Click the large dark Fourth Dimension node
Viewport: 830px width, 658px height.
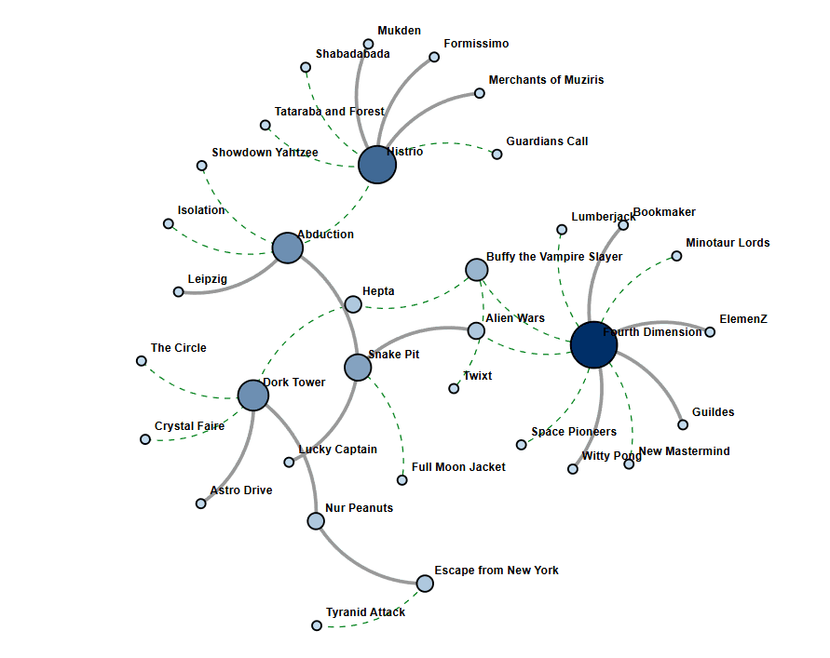tap(593, 344)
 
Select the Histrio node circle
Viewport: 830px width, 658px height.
tap(377, 165)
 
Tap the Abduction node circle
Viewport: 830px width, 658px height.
tap(288, 248)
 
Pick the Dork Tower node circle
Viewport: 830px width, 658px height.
tap(253, 395)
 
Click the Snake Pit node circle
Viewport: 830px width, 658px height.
tap(358, 367)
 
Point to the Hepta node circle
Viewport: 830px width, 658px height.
tap(353, 303)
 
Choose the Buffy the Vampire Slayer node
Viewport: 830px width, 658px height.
tap(476, 270)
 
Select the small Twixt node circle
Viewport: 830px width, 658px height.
tap(454, 388)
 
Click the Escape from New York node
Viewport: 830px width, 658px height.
tap(425, 584)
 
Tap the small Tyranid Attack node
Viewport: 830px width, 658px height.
tap(317, 625)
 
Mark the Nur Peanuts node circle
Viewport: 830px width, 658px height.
tap(316, 520)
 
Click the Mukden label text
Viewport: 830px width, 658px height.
tap(399, 32)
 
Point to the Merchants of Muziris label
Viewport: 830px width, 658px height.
tap(546, 80)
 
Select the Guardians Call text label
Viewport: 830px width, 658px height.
tap(547, 141)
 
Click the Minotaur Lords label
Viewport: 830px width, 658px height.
tap(728, 243)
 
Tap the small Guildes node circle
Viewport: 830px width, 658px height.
tap(683, 424)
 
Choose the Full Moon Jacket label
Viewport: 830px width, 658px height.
tap(458, 467)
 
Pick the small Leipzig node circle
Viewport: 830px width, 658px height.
tap(178, 291)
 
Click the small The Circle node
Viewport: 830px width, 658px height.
tap(142, 361)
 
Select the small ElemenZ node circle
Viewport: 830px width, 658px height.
tap(710, 331)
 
